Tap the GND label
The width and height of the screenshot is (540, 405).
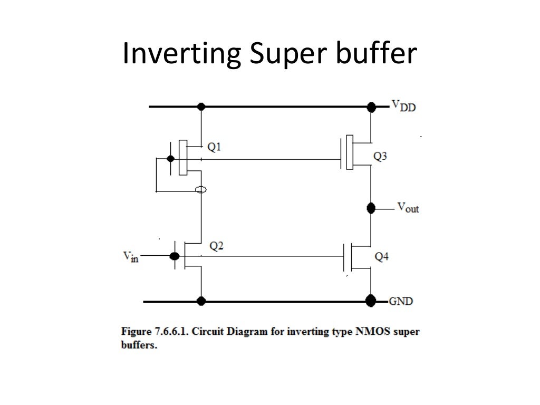(x=401, y=302)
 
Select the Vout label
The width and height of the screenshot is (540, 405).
(x=408, y=208)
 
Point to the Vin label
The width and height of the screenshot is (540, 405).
(x=130, y=257)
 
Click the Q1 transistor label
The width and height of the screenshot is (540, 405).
(x=214, y=148)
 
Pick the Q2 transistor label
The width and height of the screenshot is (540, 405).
(x=216, y=246)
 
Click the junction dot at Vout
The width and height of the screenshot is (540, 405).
(x=371, y=208)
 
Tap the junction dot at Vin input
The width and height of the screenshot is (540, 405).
(x=174, y=256)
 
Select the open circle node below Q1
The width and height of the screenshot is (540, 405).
(x=200, y=190)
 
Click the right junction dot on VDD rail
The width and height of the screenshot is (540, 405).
(x=371, y=107)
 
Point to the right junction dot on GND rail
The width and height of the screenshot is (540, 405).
(x=371, y=301)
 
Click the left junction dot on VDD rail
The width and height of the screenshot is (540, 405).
(x=200, y=107)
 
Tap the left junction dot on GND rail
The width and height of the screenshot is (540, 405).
(x=200, y=301)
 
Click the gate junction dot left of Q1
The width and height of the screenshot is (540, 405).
(x=170, y=159)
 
